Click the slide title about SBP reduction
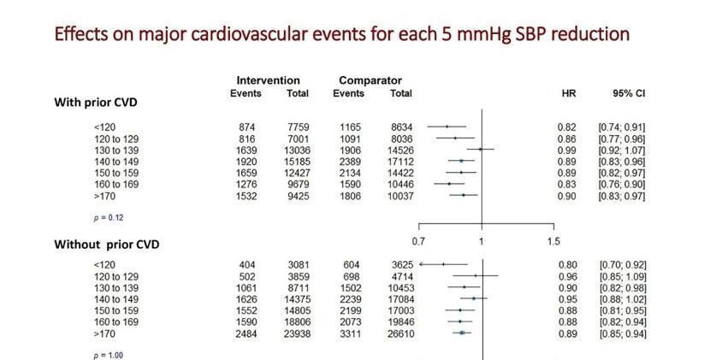tap(342, 34)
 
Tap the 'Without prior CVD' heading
tap(107, 244)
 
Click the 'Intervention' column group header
tap(268, 81)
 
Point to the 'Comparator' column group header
tap(370, 81)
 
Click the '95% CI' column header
tap(621, 92)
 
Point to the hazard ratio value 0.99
tap(566, 150)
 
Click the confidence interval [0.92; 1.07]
tap(622, 150)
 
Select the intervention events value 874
tap(246, 127)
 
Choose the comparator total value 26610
tap(400, 333)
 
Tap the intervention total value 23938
tap(295, 333)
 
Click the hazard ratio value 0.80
tap(566, 265)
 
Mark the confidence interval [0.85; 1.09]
tap(622, 276)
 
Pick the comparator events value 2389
tap(352, 161)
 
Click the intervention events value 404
tap(246, 265)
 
